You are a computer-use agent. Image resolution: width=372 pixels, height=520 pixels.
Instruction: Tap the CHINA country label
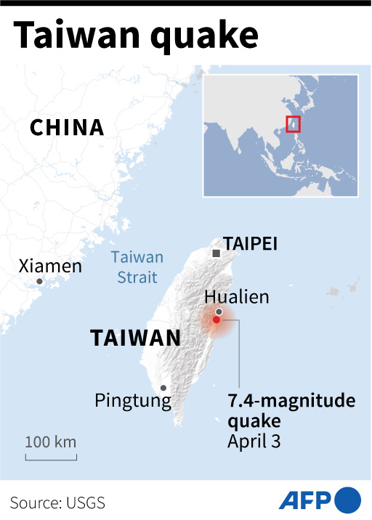pyautogui.click(x=67, y=129)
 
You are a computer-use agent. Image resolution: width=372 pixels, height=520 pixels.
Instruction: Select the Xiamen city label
pyautogui.click(x=50, y=266)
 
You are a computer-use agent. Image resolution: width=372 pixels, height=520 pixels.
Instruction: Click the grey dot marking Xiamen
pyautogui.click(x=39, y=281)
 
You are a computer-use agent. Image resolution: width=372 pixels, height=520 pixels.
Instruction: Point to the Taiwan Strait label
pyautogui.click(x=137, y=265)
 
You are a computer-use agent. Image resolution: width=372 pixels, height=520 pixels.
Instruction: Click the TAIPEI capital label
pyautogui.click(x=251, y=243)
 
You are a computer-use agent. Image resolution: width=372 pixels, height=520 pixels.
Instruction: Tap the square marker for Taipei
pyautogui.click(x=217, y=253)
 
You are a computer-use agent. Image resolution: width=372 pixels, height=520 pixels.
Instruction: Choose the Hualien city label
pyautogui.click(x=237, y=296)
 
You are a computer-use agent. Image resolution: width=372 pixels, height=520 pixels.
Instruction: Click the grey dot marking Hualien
pyautogui.click(x=219, y=311)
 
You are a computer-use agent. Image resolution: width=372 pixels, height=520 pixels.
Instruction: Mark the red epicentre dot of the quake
pyautogui.click(x=216, y=320)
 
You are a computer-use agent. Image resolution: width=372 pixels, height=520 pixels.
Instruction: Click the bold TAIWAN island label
pyautogui.click(x=135, y=338)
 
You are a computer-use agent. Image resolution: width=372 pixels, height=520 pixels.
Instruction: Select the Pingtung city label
pyautogui.click(x=133, y=400)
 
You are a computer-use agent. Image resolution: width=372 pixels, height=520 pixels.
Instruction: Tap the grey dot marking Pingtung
pyautogui.click(x=163, y=388)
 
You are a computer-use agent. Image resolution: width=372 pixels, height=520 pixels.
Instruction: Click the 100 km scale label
pyautogui.click(x=51, y=442)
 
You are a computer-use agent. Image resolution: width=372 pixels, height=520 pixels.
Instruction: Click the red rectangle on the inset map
pyautogui.click(x=293, y=124)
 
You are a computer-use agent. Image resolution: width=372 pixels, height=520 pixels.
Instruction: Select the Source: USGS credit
pyautogui.click(x=59, y=502)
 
